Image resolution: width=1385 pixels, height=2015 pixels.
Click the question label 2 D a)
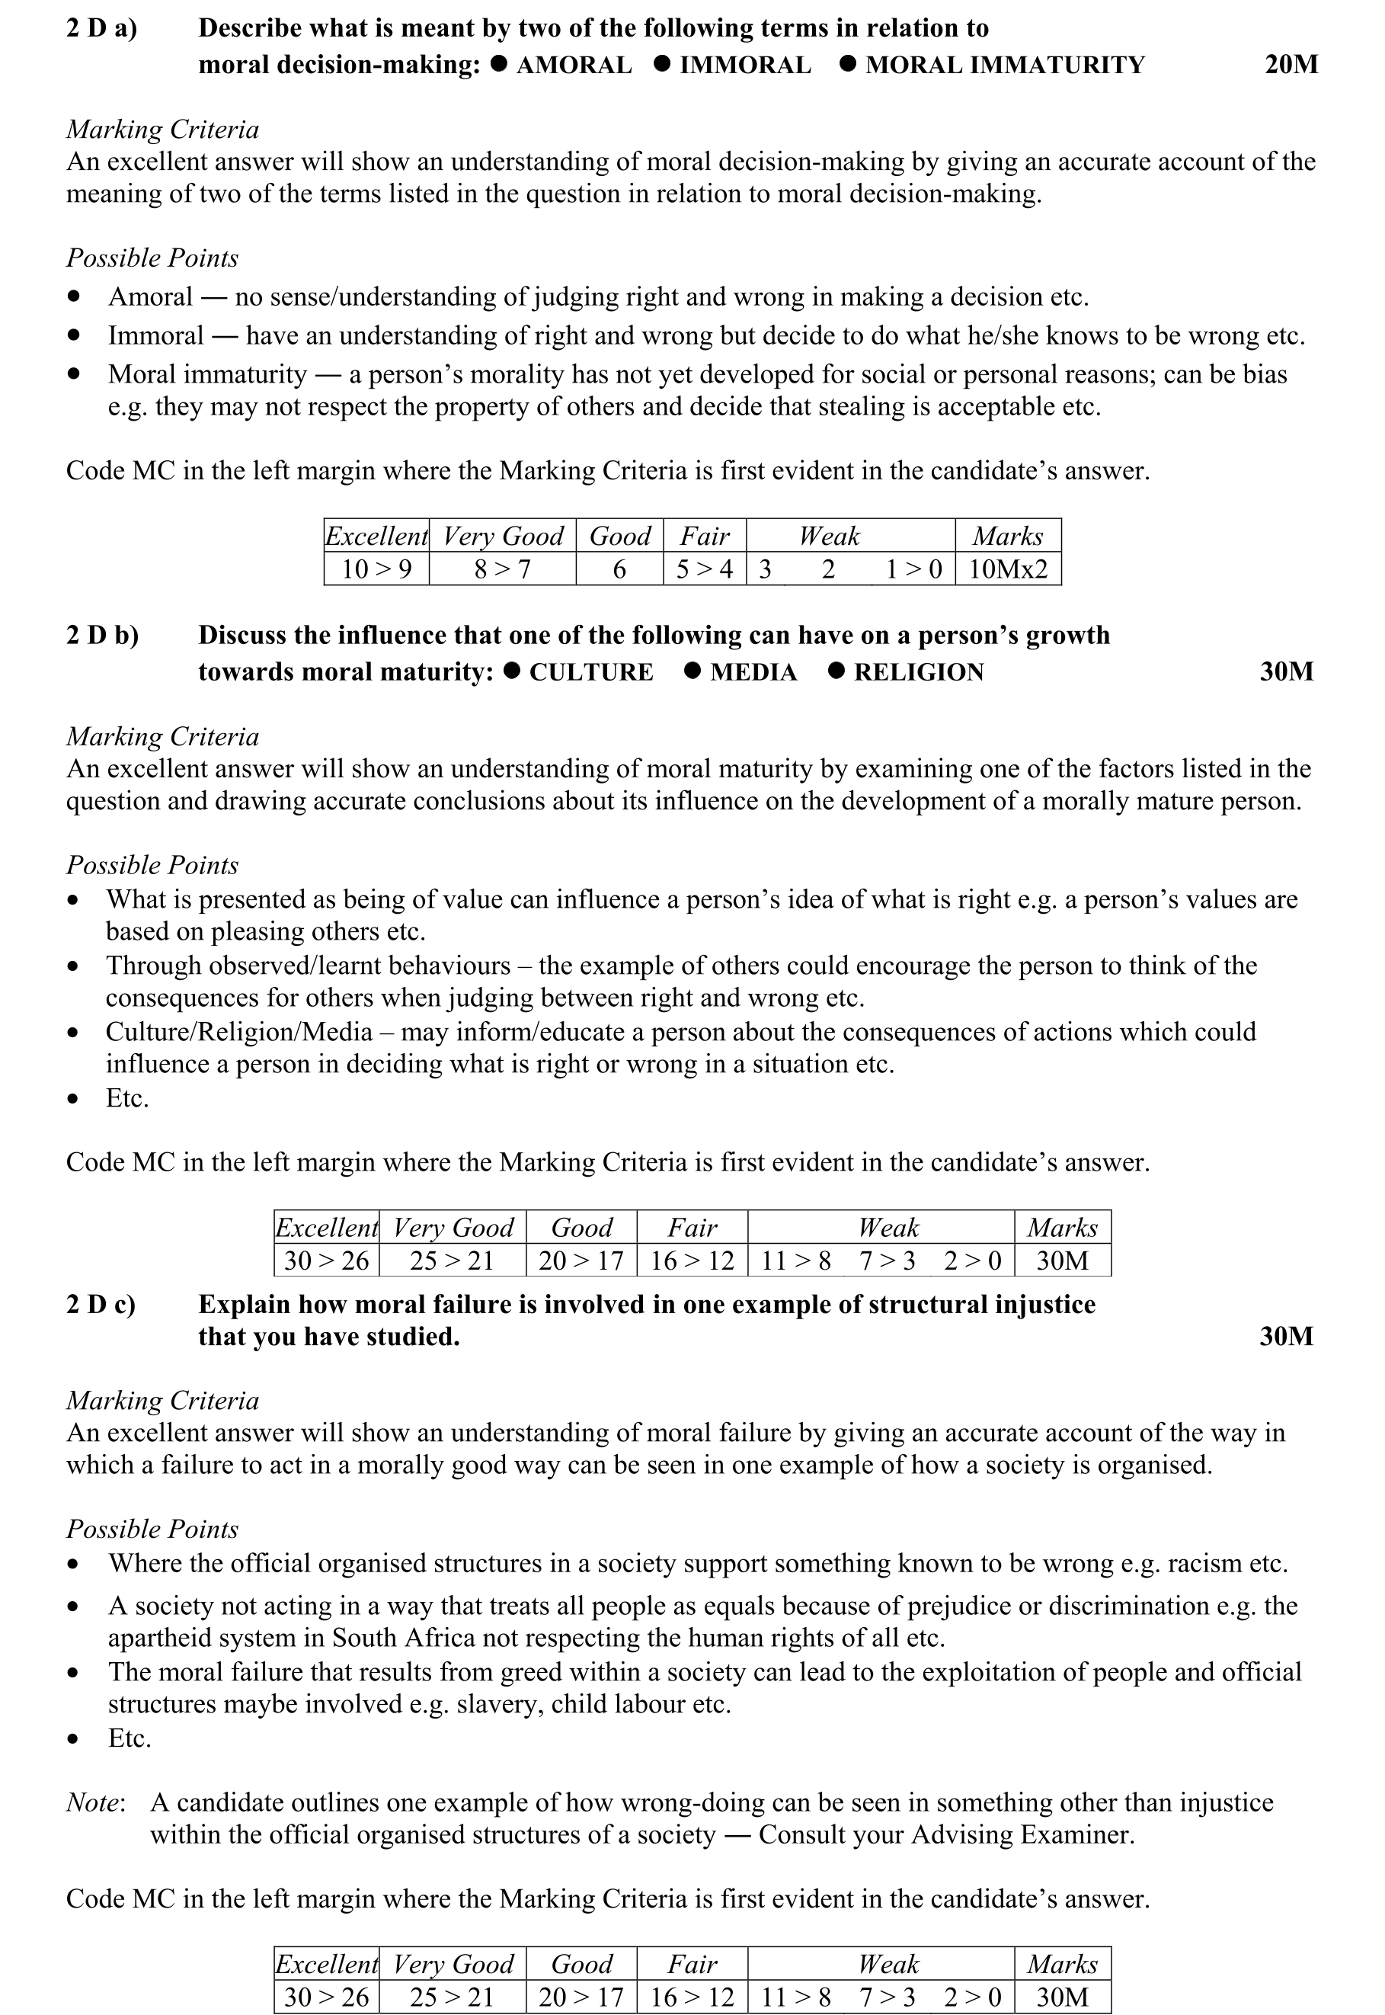point(101,29)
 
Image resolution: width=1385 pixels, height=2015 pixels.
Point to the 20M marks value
point(1291,65)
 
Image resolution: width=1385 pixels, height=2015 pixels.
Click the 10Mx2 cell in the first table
point(1007,569)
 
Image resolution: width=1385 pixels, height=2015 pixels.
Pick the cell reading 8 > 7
point(503,569)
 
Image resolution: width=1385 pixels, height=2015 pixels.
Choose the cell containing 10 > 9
point(376,569)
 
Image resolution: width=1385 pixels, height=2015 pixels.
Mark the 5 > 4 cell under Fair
point(705,569)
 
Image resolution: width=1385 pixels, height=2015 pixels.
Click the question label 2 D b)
point(102,636)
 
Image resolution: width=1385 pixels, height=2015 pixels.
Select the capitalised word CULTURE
point(591,673)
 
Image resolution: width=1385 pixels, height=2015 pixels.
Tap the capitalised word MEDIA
point(753,673)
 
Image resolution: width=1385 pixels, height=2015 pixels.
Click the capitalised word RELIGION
point(919,673)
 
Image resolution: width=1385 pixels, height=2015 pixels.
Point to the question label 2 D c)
point(101,1305)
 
